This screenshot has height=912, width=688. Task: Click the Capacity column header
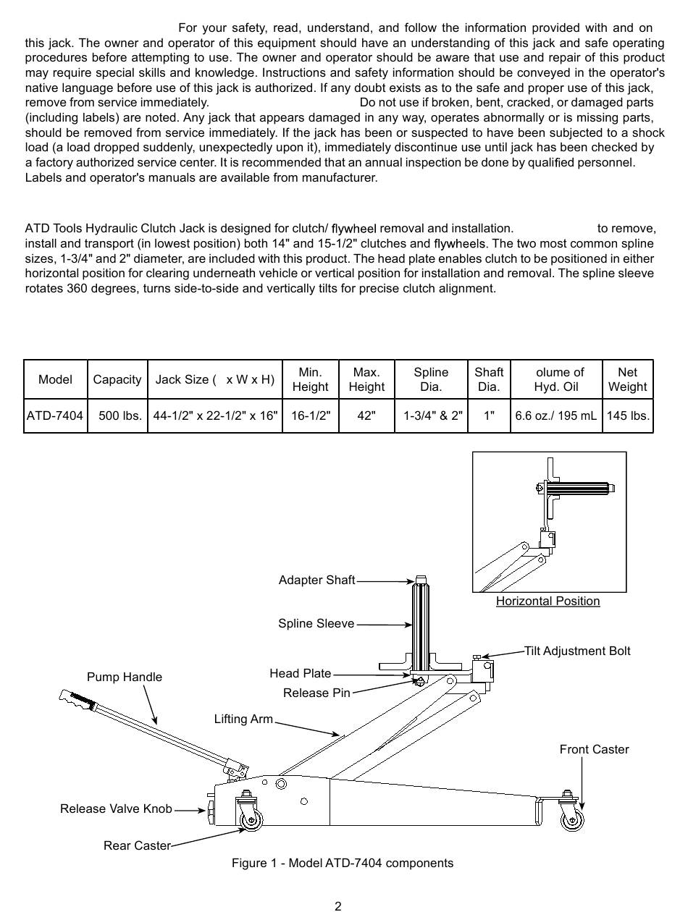[x=117, y=379]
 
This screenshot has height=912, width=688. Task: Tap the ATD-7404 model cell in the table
[x=55, y=416]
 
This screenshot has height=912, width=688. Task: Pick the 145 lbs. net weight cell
[x=628, y=416]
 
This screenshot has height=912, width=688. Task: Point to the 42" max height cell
[x=366, y=416]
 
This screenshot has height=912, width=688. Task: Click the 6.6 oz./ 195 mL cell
[x=556, y=416]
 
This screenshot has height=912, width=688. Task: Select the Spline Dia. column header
[x=431, y=379]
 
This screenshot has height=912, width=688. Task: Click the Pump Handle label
[x=125, y=677]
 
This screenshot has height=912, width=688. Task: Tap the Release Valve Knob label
[x=116, y=808]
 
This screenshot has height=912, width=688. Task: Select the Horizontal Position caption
[x=548, y=601]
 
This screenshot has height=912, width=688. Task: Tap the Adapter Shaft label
[x=316, y=580]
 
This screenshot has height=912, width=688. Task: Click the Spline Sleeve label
[x=316, y=623]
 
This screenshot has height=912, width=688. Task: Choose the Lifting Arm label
[x=243, y=719]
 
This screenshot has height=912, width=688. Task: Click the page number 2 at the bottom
[x=338, y=905]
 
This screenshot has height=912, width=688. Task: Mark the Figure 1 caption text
[x=343, y=863]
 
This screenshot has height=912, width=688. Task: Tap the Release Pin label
[x=316, y=693]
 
